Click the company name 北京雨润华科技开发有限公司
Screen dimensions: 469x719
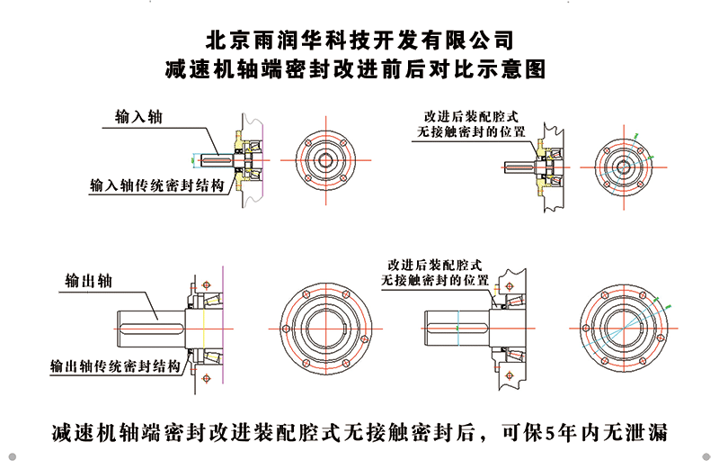359,40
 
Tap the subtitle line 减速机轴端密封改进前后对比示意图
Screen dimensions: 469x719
359,68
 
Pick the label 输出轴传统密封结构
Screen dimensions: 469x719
116,366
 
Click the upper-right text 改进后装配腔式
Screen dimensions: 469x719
474,118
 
